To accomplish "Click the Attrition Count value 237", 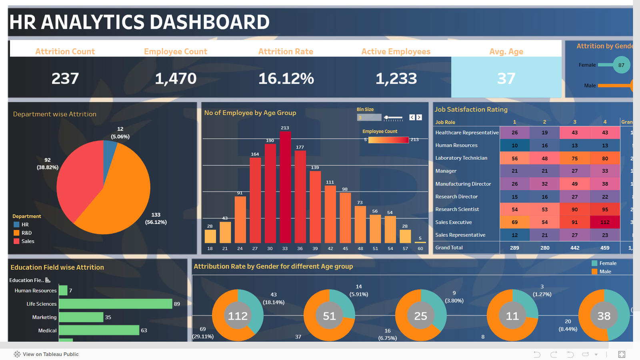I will [65, 78].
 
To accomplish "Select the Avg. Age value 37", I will [506, 78].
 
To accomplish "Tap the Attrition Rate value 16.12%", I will [286, 78].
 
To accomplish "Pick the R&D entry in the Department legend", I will [26, 233].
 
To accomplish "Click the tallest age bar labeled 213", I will [285, 188].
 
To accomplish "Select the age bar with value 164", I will [255, 200].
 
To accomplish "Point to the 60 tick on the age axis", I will [420, 248].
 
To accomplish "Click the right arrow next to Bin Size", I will [419, 117].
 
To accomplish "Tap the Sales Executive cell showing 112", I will [605, 222].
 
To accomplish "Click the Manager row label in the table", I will [446, 171].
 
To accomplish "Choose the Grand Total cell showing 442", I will [575, 248].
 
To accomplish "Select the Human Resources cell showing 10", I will [514, 145].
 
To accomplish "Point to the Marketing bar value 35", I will [108, 317].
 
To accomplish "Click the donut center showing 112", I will [238, 316].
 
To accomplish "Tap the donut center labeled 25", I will [420, 316].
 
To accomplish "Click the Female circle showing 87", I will [621, 65].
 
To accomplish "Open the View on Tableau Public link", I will [46, 354].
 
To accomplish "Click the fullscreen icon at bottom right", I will [622, 354].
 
